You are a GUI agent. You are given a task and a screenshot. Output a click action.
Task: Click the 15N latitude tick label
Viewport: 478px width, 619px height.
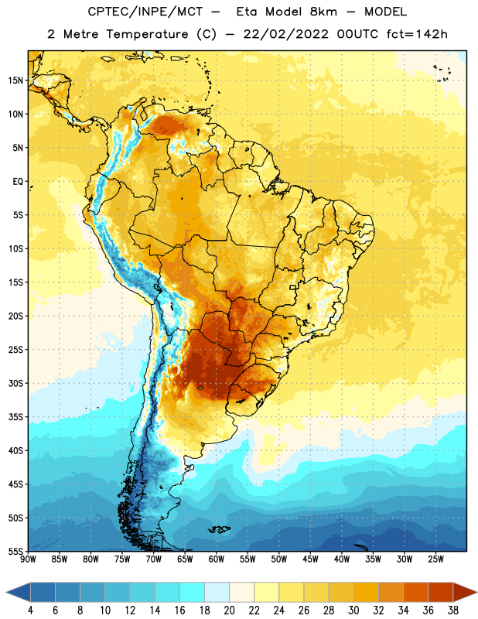(x=15, y=80)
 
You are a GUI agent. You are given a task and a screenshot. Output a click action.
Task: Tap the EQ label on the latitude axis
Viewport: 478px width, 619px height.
(x=18, y=182)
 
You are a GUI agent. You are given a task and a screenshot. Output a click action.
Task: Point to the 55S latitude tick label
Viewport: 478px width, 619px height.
(x=15, y=552)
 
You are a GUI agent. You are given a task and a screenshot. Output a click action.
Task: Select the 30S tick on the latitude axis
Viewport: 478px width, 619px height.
(x=15, y=383)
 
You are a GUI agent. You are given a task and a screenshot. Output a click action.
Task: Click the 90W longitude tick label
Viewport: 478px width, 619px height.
(x=28, y=559)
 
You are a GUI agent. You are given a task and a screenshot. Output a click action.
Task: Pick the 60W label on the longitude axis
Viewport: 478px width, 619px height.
(x=217, y=559)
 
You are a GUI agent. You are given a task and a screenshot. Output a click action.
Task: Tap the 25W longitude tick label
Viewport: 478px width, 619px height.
(x=435, y=559)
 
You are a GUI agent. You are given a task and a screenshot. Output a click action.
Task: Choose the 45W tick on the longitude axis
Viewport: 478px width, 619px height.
(x=310, y=559)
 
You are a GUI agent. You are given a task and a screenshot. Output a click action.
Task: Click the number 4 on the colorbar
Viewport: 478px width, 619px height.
(x=30, y=610)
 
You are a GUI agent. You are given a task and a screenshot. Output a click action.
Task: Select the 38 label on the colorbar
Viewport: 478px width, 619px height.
(x=453, y=610)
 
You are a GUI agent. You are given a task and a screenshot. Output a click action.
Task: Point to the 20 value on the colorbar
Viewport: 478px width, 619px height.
(x=229, y=610)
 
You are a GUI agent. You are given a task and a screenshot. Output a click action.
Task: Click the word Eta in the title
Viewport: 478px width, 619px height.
(x=247, y=12)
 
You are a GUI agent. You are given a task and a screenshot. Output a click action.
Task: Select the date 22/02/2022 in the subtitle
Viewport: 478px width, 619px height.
(x=285, y=34)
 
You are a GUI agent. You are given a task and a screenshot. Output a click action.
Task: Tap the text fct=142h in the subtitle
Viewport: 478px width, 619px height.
(x=417, y=34)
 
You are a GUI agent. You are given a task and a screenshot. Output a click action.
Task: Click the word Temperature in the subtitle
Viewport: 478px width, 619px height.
(x=147, y=35)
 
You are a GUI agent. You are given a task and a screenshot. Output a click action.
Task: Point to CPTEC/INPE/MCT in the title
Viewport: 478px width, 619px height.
(x=145, y=12)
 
